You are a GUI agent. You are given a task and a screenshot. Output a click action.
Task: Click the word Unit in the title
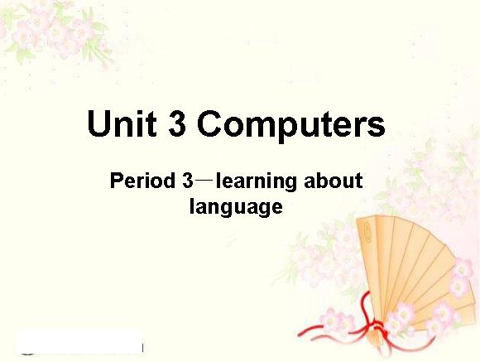click(x=122, y=123)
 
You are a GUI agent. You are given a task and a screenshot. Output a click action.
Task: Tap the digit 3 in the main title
click(x=177, y=123)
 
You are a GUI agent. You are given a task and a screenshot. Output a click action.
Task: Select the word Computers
click(x=290, y=126)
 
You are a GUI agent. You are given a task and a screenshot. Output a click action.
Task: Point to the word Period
click(x=142, y=181)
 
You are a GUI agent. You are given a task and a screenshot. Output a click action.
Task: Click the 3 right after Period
click(x=188, y=181)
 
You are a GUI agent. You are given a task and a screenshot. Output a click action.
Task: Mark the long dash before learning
click(x=204, y=181)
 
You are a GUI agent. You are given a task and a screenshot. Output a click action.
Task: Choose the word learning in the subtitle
click(x=257, y=182)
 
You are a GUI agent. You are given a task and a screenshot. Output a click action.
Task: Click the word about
click(x=334, y=181)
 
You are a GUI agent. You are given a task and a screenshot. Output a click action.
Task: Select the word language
click(x=236, y=208)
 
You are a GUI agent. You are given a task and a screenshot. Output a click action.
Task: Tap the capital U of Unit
click(x=98, y=123)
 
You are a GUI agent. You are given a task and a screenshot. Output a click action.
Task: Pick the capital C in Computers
click(x=209, y=123)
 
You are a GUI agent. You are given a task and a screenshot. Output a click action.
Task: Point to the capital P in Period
click(x=116, y=181)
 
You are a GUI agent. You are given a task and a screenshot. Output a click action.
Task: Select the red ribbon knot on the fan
click(x=377, y=326)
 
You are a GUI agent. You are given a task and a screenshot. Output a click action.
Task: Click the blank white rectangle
click(x=79, y=342)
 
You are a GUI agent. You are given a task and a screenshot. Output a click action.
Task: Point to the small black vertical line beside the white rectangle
click(x=142, y=348)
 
